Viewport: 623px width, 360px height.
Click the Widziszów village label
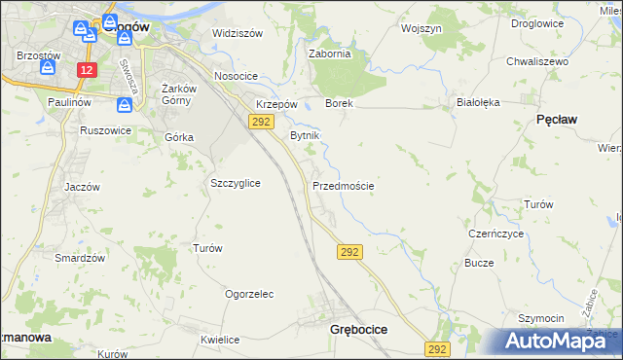click(x=238, y=33)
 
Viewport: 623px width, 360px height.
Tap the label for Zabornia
click(x=329, y=54)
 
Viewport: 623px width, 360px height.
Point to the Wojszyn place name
click(x=421, y=29)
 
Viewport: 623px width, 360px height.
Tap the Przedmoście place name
click(x=344, y=185)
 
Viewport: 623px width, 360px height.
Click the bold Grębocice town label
click(x=358, y=330)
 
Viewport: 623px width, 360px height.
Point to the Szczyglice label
click(x=236, y=183)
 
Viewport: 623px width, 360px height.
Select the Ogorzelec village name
click(x=249, y=294)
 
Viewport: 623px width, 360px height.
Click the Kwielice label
click(x=220, y=340)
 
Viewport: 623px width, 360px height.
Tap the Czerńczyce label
click(x=496, y=234)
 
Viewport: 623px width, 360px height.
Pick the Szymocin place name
click(x=541, y=318)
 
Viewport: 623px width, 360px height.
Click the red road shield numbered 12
click(x=89, y=70)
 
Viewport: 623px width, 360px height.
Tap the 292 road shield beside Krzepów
click(x=260, y=121)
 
